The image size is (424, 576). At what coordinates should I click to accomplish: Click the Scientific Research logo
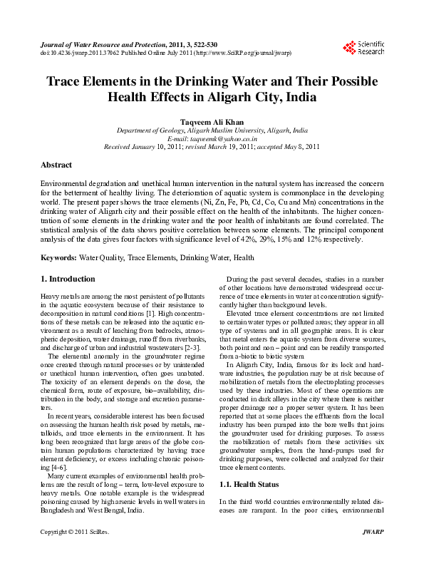click(x=363, y=47)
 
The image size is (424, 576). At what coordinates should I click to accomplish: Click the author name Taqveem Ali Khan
click(x=212, y=122)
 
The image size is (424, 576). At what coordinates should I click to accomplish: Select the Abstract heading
click(x=56, y=165)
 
